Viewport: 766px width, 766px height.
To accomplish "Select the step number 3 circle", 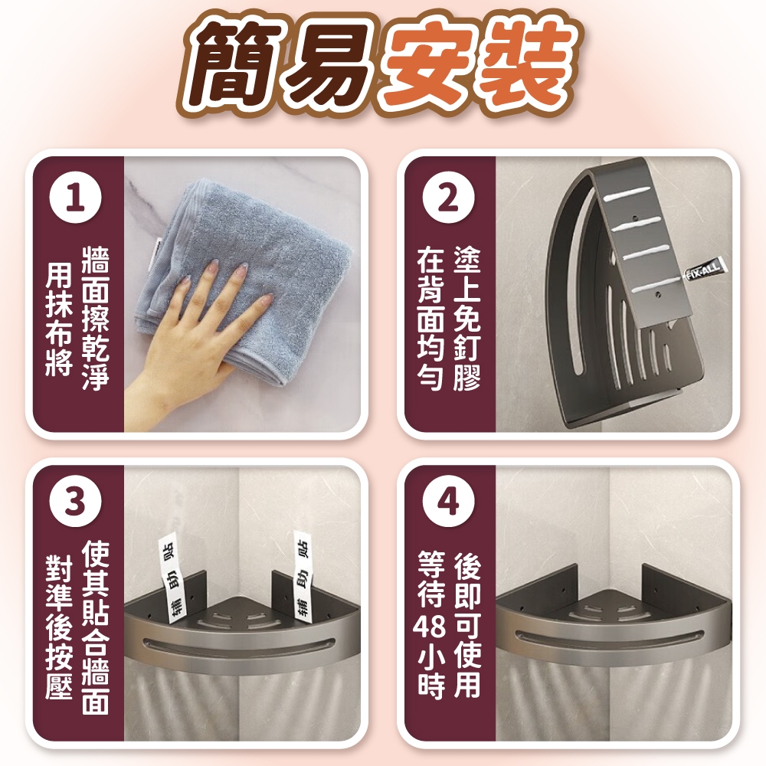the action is [x=76, y=501].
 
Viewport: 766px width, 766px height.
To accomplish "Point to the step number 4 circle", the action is [x=448, y=501].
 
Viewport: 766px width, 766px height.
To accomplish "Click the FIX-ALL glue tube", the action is [x=703, y=272].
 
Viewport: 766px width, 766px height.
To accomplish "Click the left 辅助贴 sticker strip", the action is [x=172, y=579].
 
